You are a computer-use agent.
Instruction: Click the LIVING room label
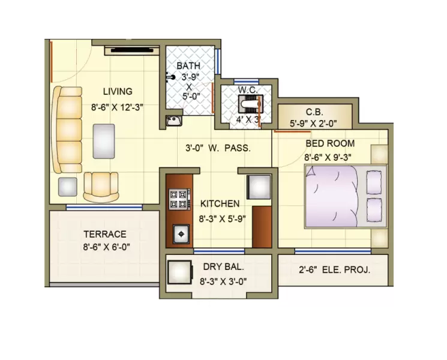117,92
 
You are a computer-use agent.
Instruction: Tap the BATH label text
188,65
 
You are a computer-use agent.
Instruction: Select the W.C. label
247,90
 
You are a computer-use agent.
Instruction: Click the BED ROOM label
330,144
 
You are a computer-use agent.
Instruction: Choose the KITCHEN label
220,204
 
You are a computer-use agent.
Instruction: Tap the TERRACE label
104,234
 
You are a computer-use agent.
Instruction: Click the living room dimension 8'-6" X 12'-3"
117,107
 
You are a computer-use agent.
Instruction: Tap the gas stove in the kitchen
179,199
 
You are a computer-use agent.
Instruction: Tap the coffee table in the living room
104,141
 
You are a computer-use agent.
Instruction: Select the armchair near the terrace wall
101,186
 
